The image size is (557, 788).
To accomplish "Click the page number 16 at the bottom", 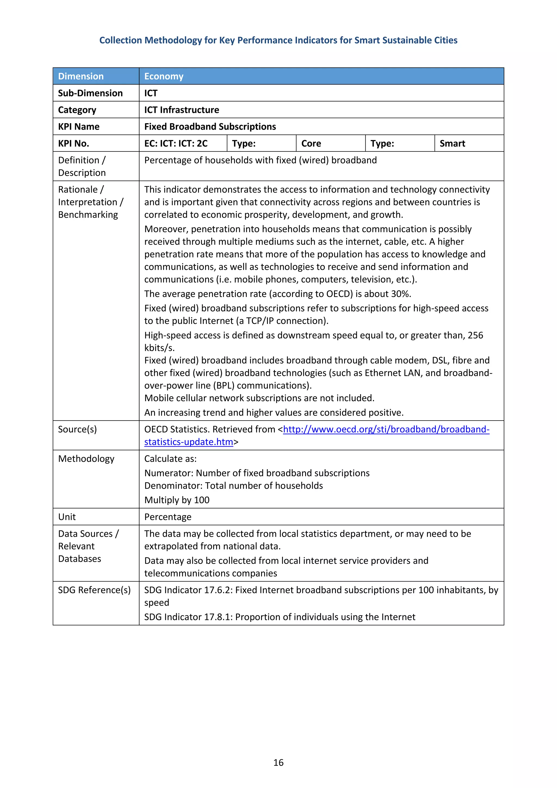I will (278, 762).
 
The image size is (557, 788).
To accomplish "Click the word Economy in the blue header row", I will (164, 76).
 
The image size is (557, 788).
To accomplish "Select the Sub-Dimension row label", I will (90, 93).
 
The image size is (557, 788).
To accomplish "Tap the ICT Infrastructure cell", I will (182, 110).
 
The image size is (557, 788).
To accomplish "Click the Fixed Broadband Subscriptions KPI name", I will (210, 127).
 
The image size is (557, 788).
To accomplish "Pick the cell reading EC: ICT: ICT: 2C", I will (176, 143).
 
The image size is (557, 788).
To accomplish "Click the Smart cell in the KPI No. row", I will (452, 143).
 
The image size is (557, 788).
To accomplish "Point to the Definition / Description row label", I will (82, 166).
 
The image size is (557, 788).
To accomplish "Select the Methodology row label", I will (86, 459).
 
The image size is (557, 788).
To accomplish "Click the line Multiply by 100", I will (177, 500).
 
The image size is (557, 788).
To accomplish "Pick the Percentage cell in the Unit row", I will (168, 517).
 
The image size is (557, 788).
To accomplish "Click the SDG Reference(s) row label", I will (94, 590).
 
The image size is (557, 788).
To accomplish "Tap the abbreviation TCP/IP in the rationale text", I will (260, 321).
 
